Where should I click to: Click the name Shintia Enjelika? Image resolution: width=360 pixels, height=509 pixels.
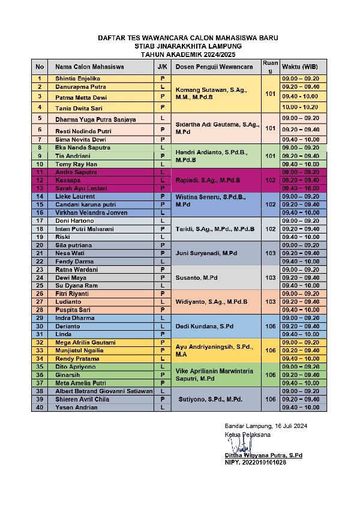pyautogui.click(x=77, y=79)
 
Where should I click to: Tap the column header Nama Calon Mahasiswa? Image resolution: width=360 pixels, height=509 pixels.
pyautogui.click(x=89, y=66)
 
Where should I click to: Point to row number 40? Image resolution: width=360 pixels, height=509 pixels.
pyautogui.click(x=40, y=408)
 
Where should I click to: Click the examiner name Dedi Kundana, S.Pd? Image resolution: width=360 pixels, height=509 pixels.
pyautogui.click(x=204, y=326)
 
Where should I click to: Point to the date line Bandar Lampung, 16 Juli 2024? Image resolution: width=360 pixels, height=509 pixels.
pyautogui.click(x=265, y=426)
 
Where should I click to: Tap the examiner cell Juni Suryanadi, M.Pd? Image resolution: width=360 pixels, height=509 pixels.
pyautogui.click(x=205, y=253)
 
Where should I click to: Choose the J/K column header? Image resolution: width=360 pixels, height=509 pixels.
pyautogui.click(x=162, y=66)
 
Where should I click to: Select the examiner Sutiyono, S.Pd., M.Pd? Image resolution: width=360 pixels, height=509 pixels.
pyautogui.click(x=210, y=399)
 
